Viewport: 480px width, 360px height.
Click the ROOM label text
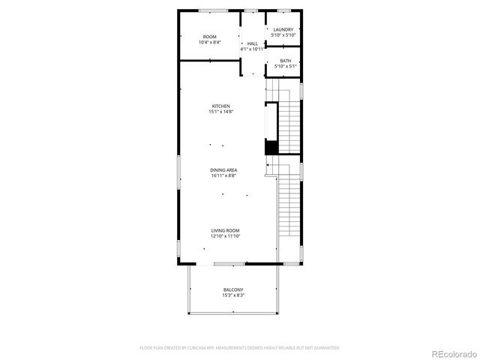(x=210, y=37)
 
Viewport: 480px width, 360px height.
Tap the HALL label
(x=253, y=43)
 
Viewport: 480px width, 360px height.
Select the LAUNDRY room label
(x=283, y=30)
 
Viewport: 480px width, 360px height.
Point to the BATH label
(x=286, y=61)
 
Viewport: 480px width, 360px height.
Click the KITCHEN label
(x=220, y=106)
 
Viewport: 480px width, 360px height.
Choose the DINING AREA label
(x=223, y=170)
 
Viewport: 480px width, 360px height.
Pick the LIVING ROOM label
(x=225, y=231)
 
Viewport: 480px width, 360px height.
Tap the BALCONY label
(x=233, y=289)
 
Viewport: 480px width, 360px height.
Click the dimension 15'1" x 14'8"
(x=220, y=112)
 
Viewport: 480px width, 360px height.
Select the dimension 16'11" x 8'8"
(x=223, y=175)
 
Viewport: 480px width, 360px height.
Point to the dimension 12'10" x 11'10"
(x=225, y=236)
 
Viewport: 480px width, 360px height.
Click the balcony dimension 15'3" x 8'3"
(x=233, y=295)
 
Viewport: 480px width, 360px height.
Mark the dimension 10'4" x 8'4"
(x=210, y=42)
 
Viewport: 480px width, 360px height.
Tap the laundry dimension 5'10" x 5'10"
(x=283, y=35)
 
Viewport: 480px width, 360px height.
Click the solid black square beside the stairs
(x=271, y=148)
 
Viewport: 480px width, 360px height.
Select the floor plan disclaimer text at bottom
(x=240, y=348)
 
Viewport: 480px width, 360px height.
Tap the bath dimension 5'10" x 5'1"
(x=286, y=66)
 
